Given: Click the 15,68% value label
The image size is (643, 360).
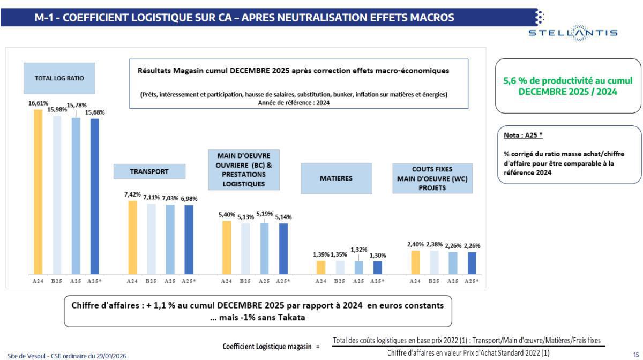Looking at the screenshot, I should point(95,112).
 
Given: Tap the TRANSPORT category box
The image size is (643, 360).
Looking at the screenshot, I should point(149,171).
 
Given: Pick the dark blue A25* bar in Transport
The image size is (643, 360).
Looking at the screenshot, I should point(189,238).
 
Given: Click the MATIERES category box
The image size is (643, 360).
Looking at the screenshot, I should point(336,178).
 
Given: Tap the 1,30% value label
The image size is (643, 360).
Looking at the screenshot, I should point(377,255).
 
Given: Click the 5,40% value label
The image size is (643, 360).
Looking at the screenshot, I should point(227,214).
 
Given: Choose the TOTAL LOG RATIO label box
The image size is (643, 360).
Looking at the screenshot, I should point(59,78).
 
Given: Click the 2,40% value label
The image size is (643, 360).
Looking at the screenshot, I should point(415,244).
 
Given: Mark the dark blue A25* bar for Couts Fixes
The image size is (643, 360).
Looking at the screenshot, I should point(472,262).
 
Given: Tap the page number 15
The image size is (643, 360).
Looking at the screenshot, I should point(636,355).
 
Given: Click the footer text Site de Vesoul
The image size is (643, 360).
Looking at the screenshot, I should point(27,355).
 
